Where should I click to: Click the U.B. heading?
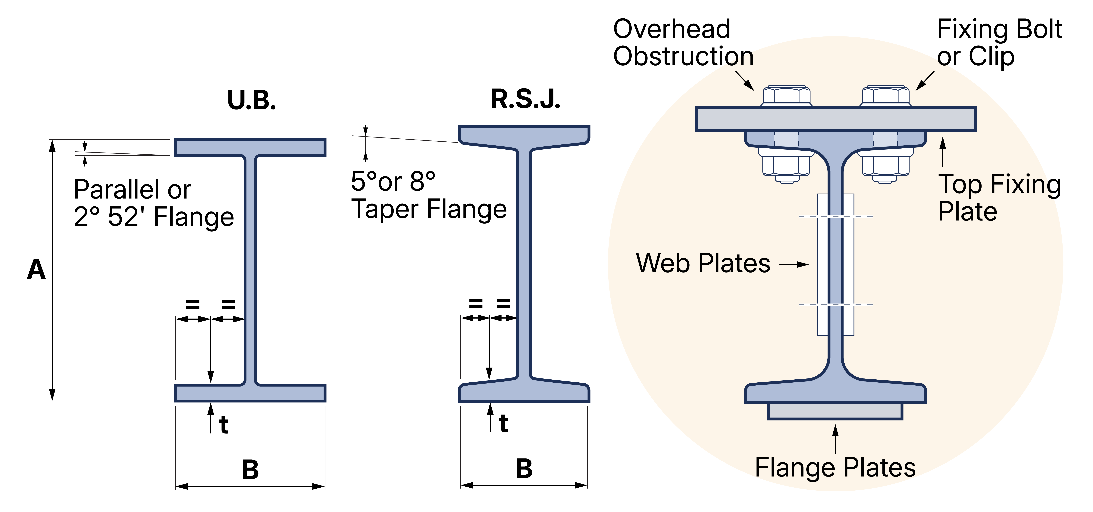[x=252, y=100]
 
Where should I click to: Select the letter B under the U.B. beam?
[x=250, y=470]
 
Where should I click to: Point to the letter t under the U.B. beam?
[x=224, y=425]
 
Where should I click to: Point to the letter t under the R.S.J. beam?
[x=504, y=423]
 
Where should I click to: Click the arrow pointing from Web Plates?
[x=793, y=264]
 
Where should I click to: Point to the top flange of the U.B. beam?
[x=250, y=147]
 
